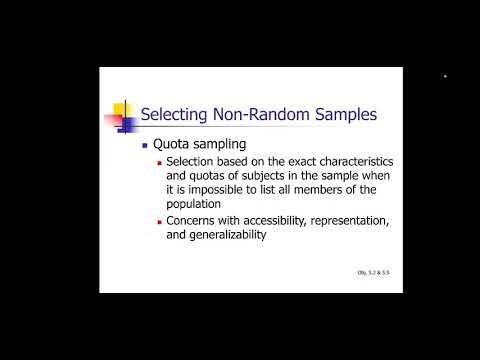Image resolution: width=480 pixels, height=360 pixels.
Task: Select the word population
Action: [196, 203]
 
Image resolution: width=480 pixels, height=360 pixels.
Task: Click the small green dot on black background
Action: [445, 76]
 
